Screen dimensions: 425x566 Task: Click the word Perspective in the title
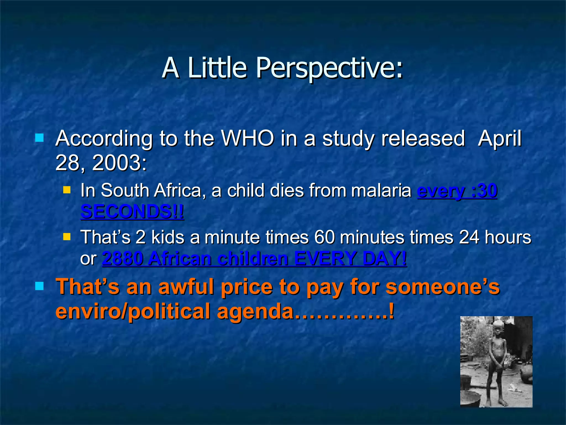(329, 68)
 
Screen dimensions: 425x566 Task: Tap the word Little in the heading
(217, 68)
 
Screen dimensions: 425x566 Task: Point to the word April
(500, 138)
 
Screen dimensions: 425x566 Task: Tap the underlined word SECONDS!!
(132, 212)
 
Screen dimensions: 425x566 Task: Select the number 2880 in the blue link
(123, 259)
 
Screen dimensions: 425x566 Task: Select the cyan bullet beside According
(40, 138)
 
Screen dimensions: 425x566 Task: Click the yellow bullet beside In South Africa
(67, 190)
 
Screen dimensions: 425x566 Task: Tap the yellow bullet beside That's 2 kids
(67, 237)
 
